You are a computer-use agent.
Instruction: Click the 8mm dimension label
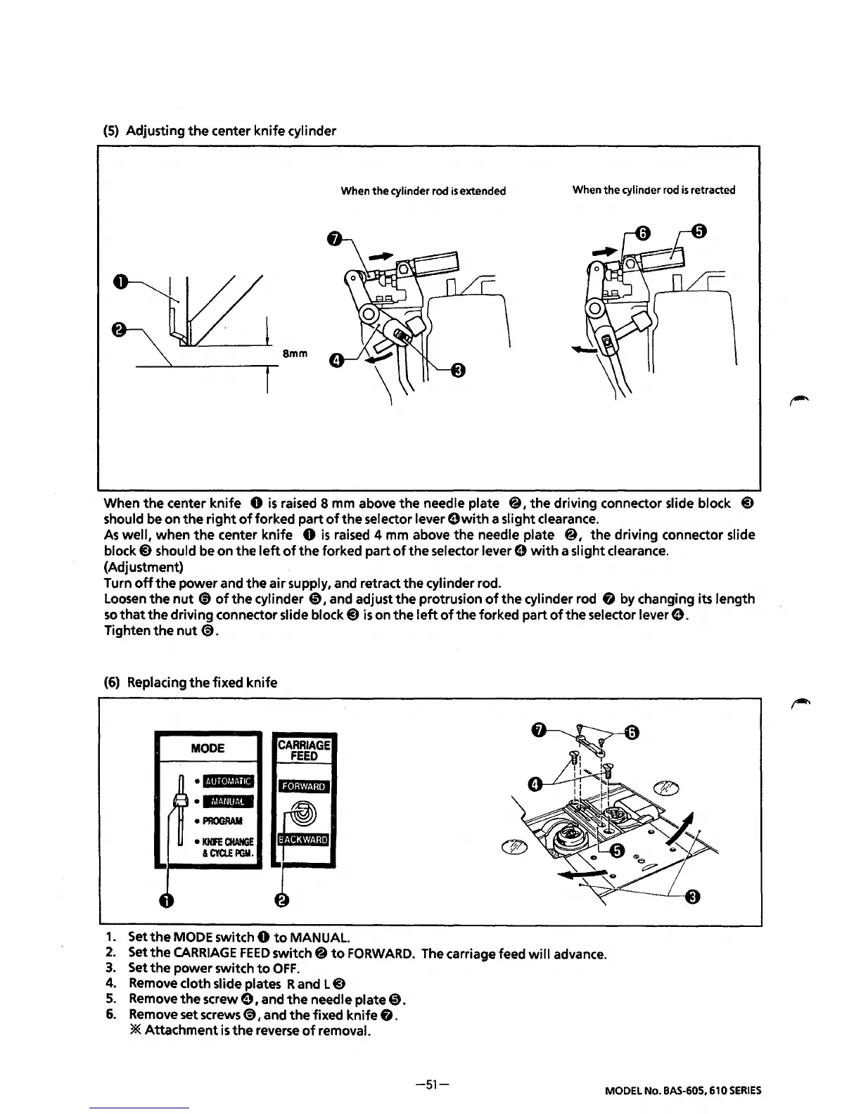pos(295,354)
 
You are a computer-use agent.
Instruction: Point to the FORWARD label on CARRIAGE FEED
pos(305,786)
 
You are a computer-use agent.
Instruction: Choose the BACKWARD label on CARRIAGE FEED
pos(304,839)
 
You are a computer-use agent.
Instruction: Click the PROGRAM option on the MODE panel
pos(222,821)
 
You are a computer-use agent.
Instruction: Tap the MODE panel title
pos(208,748)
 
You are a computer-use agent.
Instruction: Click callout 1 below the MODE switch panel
pos(165,901)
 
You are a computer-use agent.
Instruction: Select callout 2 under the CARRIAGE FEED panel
pos(281,901)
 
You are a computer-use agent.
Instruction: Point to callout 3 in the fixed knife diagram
pos(693,896)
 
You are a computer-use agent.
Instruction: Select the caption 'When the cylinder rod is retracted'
pos(653,190)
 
